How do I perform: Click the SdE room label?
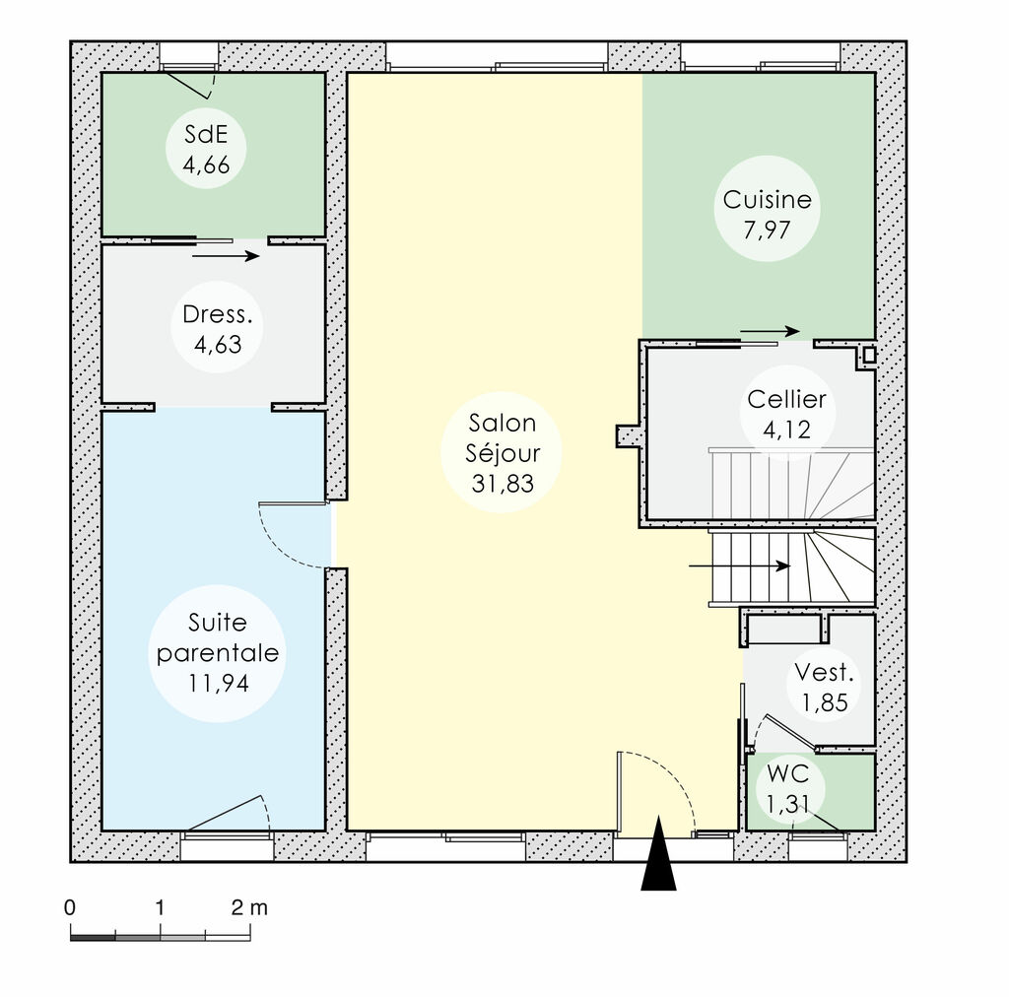click(206, 150)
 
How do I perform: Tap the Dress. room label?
click(211, 330)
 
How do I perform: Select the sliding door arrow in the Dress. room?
click(226, 256)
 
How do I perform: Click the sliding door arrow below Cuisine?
click(770, 331)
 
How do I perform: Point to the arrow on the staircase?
click(739, 566)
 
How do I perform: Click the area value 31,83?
click(503, 483)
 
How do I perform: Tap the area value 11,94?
click(218, 682)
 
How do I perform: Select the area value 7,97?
click(768, 230)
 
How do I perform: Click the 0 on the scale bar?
click(69, 906)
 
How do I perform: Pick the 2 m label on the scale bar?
click(249, 906)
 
